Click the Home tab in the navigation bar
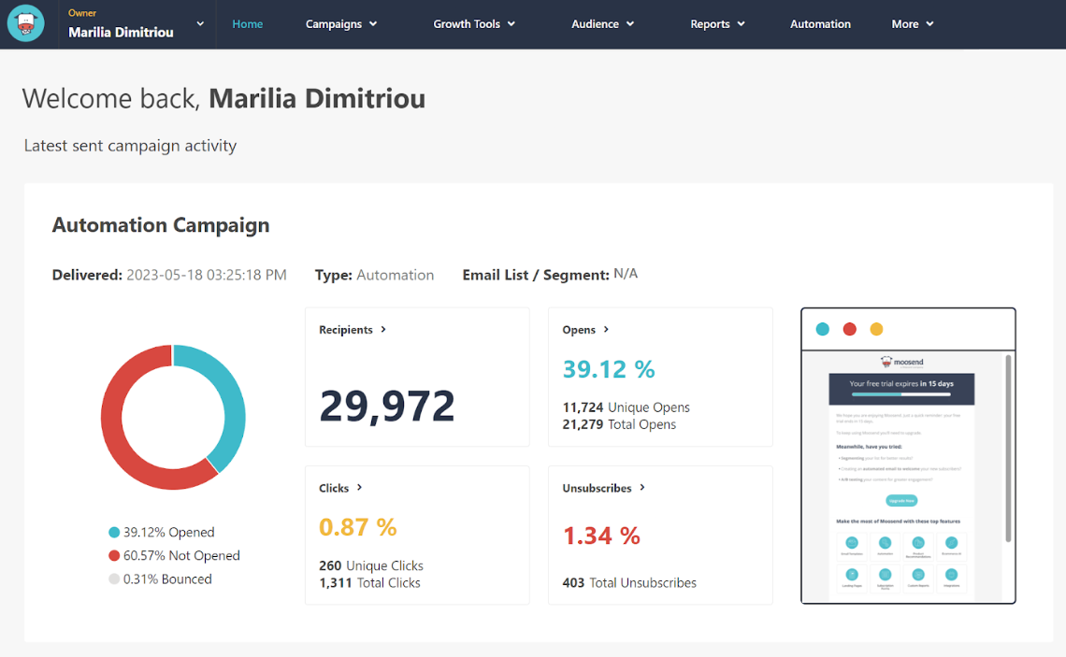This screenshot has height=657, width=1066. tap(247, 24)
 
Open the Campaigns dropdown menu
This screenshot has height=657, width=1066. tap(341, 24)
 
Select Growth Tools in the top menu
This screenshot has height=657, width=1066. tap(474, 24)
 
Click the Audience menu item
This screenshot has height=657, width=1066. tap(602, 24)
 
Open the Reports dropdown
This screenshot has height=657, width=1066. tap(717, 24)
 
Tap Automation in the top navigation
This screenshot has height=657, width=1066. tap(820, 24)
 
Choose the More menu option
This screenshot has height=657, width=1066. tap(912, 24)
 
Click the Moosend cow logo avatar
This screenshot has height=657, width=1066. tap(26, 24)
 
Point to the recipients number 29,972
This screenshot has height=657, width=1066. tap(387, 406)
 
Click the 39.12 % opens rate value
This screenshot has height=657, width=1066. tap(609, 369)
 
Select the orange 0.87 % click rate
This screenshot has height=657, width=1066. tap(358, 527)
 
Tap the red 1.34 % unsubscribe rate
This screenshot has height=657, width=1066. tap(601, 536)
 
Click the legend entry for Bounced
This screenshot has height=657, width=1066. tap(166, 578)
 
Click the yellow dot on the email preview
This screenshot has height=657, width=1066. tap(876, 329)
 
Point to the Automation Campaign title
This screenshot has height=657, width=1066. tap(161, 225)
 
